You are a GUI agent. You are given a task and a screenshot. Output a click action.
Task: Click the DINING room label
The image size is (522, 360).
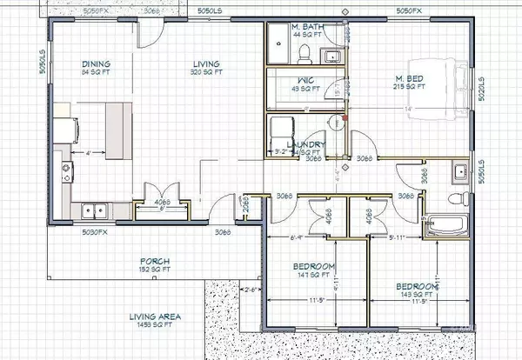(97, 63)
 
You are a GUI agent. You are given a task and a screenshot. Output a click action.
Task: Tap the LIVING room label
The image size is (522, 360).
(205, 63)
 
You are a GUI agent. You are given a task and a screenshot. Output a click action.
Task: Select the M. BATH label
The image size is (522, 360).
(308, 28)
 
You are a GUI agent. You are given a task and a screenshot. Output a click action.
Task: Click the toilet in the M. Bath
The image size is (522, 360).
(304, 54)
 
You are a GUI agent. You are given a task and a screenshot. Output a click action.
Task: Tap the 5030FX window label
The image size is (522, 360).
(94, 232)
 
